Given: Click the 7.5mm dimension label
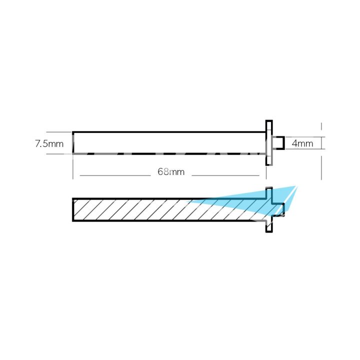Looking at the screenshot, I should [49, 144].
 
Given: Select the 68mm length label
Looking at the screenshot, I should [171, 172].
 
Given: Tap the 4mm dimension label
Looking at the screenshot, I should [302, 143].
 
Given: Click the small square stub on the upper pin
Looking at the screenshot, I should [280, 143].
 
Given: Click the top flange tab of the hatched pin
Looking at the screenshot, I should [268, 192].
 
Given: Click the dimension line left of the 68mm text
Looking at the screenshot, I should [115, 175].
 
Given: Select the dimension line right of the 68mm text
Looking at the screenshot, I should [225, 175].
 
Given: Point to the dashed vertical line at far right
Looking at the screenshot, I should [321, 150].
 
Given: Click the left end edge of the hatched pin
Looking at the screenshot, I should [73, 210].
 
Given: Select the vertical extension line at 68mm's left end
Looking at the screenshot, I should [73, 167].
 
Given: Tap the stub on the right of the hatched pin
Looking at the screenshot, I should [280, 209].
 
